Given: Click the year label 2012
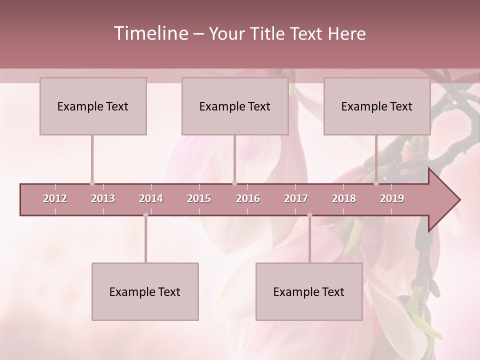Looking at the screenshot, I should click(55, 198).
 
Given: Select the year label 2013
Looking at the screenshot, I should click(103, 198).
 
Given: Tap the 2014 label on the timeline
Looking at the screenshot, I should click(151, 198).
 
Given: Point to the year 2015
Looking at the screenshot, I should click(199, 198).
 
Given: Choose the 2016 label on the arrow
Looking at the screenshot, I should click(248, 198).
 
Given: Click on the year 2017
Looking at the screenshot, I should click(296, 198).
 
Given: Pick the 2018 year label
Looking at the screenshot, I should click(344, 198).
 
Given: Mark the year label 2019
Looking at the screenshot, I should click(392, 198).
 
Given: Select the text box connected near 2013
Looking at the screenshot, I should click(93, 106).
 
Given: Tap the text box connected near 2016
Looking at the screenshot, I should click(235, 106).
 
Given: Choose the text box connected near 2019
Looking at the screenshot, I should click(377, 106).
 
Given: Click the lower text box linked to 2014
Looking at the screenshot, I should click(145, 291).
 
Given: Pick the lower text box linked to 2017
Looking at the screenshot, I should click(309, 291).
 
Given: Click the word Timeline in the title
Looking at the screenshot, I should click(150, 33).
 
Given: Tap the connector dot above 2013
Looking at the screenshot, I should click(92, 183).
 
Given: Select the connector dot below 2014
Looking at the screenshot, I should click(145, 215).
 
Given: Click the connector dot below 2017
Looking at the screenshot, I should click(309, 215).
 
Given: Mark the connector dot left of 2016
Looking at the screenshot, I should click(234, 183).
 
